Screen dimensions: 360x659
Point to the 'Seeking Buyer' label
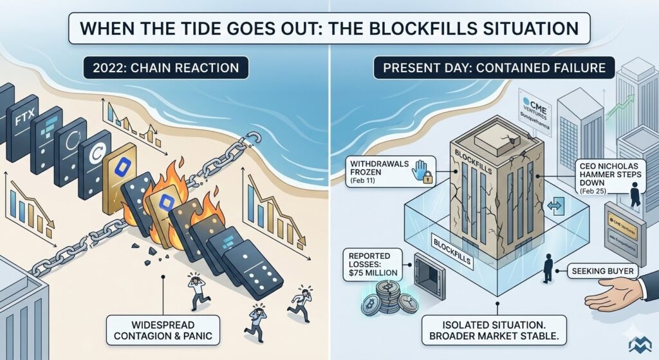click(601, 272)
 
